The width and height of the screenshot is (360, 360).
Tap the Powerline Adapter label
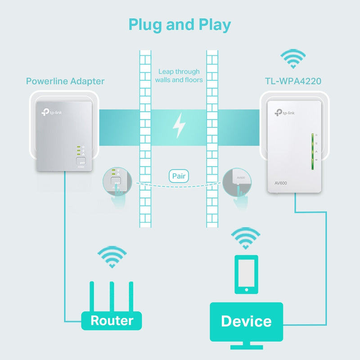pos(65,81)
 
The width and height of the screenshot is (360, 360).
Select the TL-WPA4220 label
pos(293,81)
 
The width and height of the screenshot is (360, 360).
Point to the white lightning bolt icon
pos(180,125)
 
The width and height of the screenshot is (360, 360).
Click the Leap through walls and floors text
pos(179,76)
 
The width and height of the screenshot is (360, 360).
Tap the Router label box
pos(112,321)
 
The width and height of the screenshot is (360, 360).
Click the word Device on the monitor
pos(246,321)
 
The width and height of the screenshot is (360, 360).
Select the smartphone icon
pos(246,274)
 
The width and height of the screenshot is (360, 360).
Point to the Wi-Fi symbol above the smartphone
pos(246,238)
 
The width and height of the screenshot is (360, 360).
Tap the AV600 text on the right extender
pos(281,183)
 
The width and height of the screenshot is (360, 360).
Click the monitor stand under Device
pos(246,346)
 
